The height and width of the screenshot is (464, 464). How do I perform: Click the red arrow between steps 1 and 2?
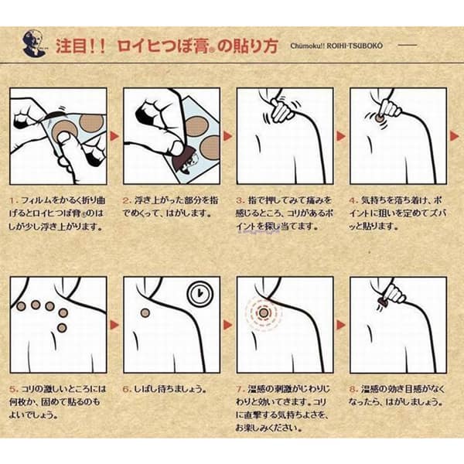pos(114,135)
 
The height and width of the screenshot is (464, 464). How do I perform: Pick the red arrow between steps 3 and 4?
pos(341,135)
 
